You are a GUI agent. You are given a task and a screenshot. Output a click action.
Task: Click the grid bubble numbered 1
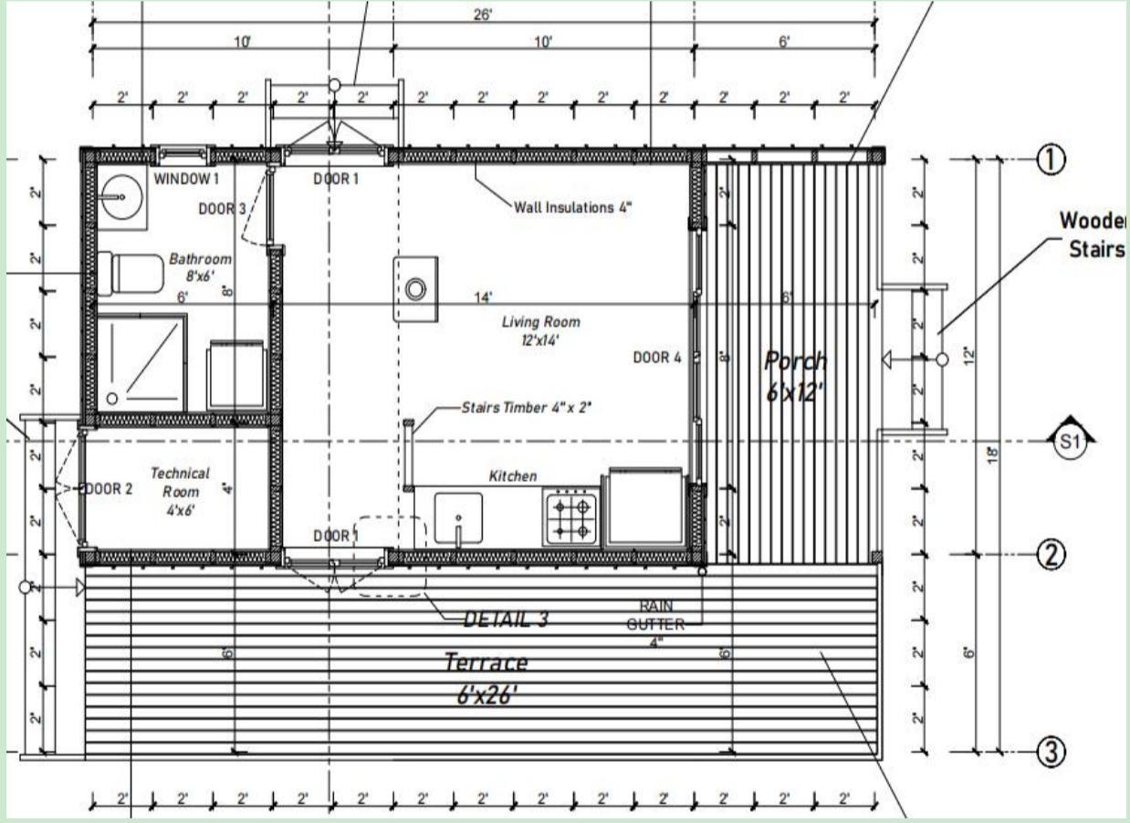[x=1050, y=160]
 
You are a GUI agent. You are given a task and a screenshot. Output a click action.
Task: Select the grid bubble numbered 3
[x=1051, y=752]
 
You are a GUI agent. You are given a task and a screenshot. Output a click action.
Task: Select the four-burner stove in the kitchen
[x=570, y=517]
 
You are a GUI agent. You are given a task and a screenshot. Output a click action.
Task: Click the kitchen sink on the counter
[x=458, y=518]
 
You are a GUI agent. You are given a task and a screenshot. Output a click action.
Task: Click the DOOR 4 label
[x=657, y=358]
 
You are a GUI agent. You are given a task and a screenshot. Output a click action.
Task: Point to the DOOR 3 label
[x=223, y=209]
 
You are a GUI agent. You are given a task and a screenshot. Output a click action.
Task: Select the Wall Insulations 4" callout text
[x=573, y=207]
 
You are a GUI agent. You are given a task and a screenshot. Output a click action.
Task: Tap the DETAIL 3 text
[x=507, y=620]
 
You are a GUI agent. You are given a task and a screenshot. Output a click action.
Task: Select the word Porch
[x=795, y=362]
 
